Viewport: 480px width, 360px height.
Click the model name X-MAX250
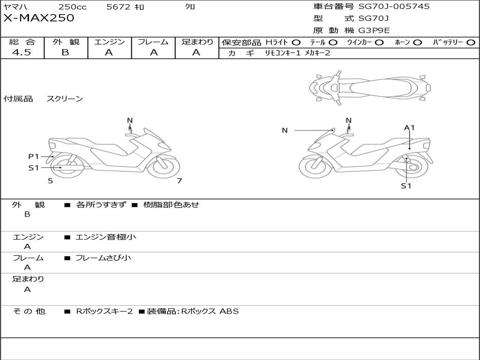tap(38, 18)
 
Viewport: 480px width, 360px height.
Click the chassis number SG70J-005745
tap(394, 7)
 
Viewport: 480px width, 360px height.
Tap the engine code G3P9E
tap(374, 30)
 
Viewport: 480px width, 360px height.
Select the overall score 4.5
tap(22, 52)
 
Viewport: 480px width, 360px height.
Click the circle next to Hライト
tap(296, 43)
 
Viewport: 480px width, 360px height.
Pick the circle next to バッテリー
tap(471, 43)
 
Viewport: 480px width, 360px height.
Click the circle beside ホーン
tap(417, 43)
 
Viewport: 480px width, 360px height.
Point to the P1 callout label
tap(34, 157)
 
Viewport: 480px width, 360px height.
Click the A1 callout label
tap(409, 127)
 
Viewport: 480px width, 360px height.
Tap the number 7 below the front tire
tap(180, 180)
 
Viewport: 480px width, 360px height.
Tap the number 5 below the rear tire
tap(51, 181)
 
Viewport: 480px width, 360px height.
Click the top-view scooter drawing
tap(370, 88)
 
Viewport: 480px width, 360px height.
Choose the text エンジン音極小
tap(105, 237)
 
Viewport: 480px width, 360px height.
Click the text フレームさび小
tap(103, 258)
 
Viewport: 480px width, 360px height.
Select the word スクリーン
tap(65, 98)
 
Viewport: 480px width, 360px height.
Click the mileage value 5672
tap(118, 7)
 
